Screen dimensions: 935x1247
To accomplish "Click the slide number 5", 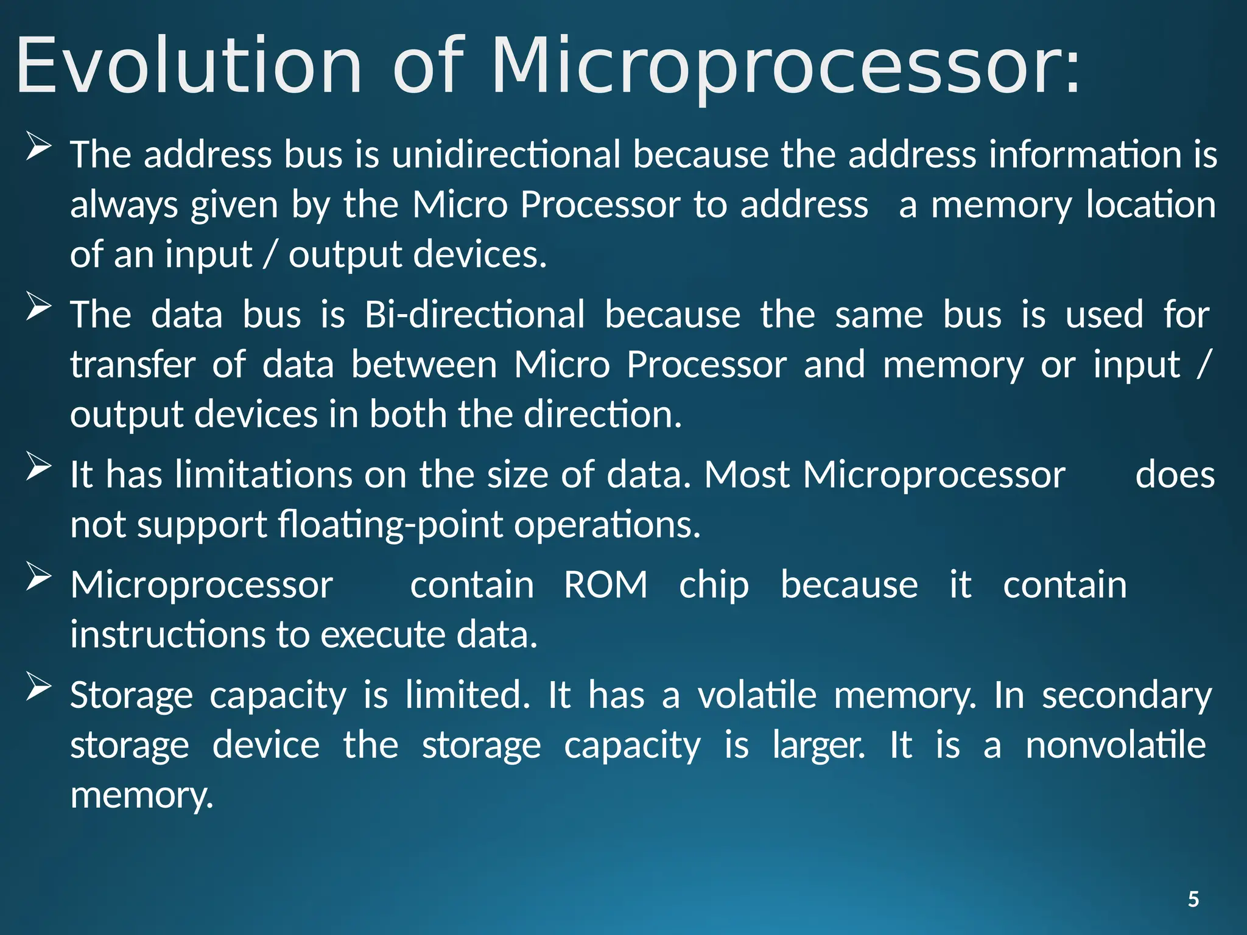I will coord(1193,899).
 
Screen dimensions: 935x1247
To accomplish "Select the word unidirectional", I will coord(506,155).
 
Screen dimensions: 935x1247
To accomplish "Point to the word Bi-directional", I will coord(475,315).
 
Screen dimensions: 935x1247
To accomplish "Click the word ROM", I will coord(605,585).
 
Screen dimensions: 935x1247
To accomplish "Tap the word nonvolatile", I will coord(1115,745).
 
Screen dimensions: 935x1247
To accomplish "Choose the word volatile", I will coord(757,695).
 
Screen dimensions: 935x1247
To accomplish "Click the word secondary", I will coord(1126,695).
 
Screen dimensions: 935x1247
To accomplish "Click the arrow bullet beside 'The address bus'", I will coord(38,147).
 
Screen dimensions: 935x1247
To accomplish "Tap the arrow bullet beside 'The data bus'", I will coord(38,307).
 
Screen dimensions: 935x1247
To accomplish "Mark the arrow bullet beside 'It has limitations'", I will coord(38,467).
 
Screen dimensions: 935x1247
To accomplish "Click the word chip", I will coord(714,585).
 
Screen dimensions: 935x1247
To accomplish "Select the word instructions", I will coord(167,635).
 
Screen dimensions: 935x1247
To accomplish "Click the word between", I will coord(424,365).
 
